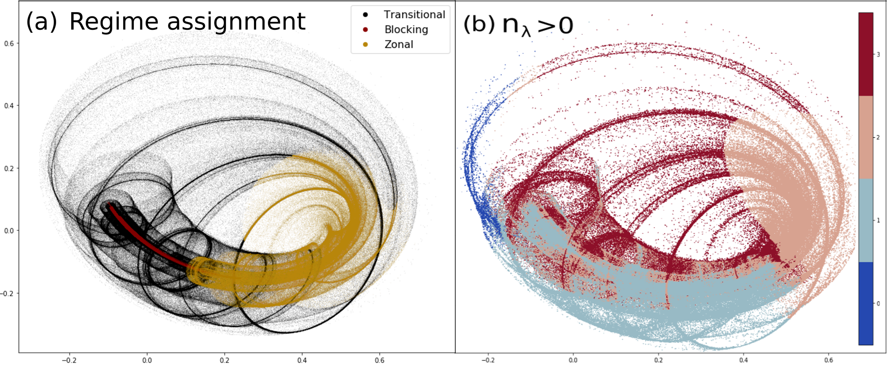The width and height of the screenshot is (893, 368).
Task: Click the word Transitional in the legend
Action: pos(414,15)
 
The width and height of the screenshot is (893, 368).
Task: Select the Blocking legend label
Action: pos(406,30)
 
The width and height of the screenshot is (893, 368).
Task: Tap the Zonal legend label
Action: pos(399,44)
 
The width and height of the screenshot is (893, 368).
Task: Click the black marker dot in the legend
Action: pos(365,15)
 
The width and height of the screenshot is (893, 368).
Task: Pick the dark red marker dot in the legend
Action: pos(365,30)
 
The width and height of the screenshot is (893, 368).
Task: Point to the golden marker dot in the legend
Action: pos(365,44)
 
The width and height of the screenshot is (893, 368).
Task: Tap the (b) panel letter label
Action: pos(479,25)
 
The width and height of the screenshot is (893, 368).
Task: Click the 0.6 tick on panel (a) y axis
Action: pos(9,44)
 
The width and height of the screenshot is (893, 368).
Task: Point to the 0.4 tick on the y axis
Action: pos(9,106)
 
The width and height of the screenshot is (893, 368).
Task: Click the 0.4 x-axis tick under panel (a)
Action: pos(302,360)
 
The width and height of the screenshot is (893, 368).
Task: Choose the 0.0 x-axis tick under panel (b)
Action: pos(573,360)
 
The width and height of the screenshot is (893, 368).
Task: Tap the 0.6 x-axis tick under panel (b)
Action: pos(829,360)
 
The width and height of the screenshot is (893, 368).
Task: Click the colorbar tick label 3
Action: pos(878,55)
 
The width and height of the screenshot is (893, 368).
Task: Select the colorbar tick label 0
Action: pos(878,304)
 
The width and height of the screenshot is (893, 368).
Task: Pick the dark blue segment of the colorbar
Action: pos(865,303)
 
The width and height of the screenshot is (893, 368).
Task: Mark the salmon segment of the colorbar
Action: pos(865,137)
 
